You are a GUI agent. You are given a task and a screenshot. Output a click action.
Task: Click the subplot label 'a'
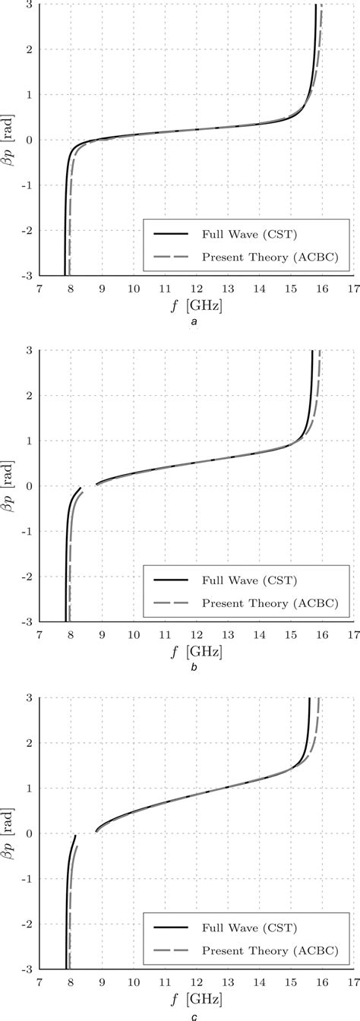195,323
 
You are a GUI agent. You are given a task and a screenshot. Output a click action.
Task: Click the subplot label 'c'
195,1016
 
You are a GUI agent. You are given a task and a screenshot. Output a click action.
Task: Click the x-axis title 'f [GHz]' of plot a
197,305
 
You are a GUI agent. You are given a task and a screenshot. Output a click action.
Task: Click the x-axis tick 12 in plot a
197,289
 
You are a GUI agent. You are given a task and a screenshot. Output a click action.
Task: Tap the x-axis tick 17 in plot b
353,635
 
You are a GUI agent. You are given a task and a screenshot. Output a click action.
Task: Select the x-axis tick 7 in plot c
39,982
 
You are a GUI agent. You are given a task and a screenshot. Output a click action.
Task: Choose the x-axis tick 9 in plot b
102,635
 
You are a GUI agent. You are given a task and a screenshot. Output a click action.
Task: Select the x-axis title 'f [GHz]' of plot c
197,999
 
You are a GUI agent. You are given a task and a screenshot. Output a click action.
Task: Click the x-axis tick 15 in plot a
290,289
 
